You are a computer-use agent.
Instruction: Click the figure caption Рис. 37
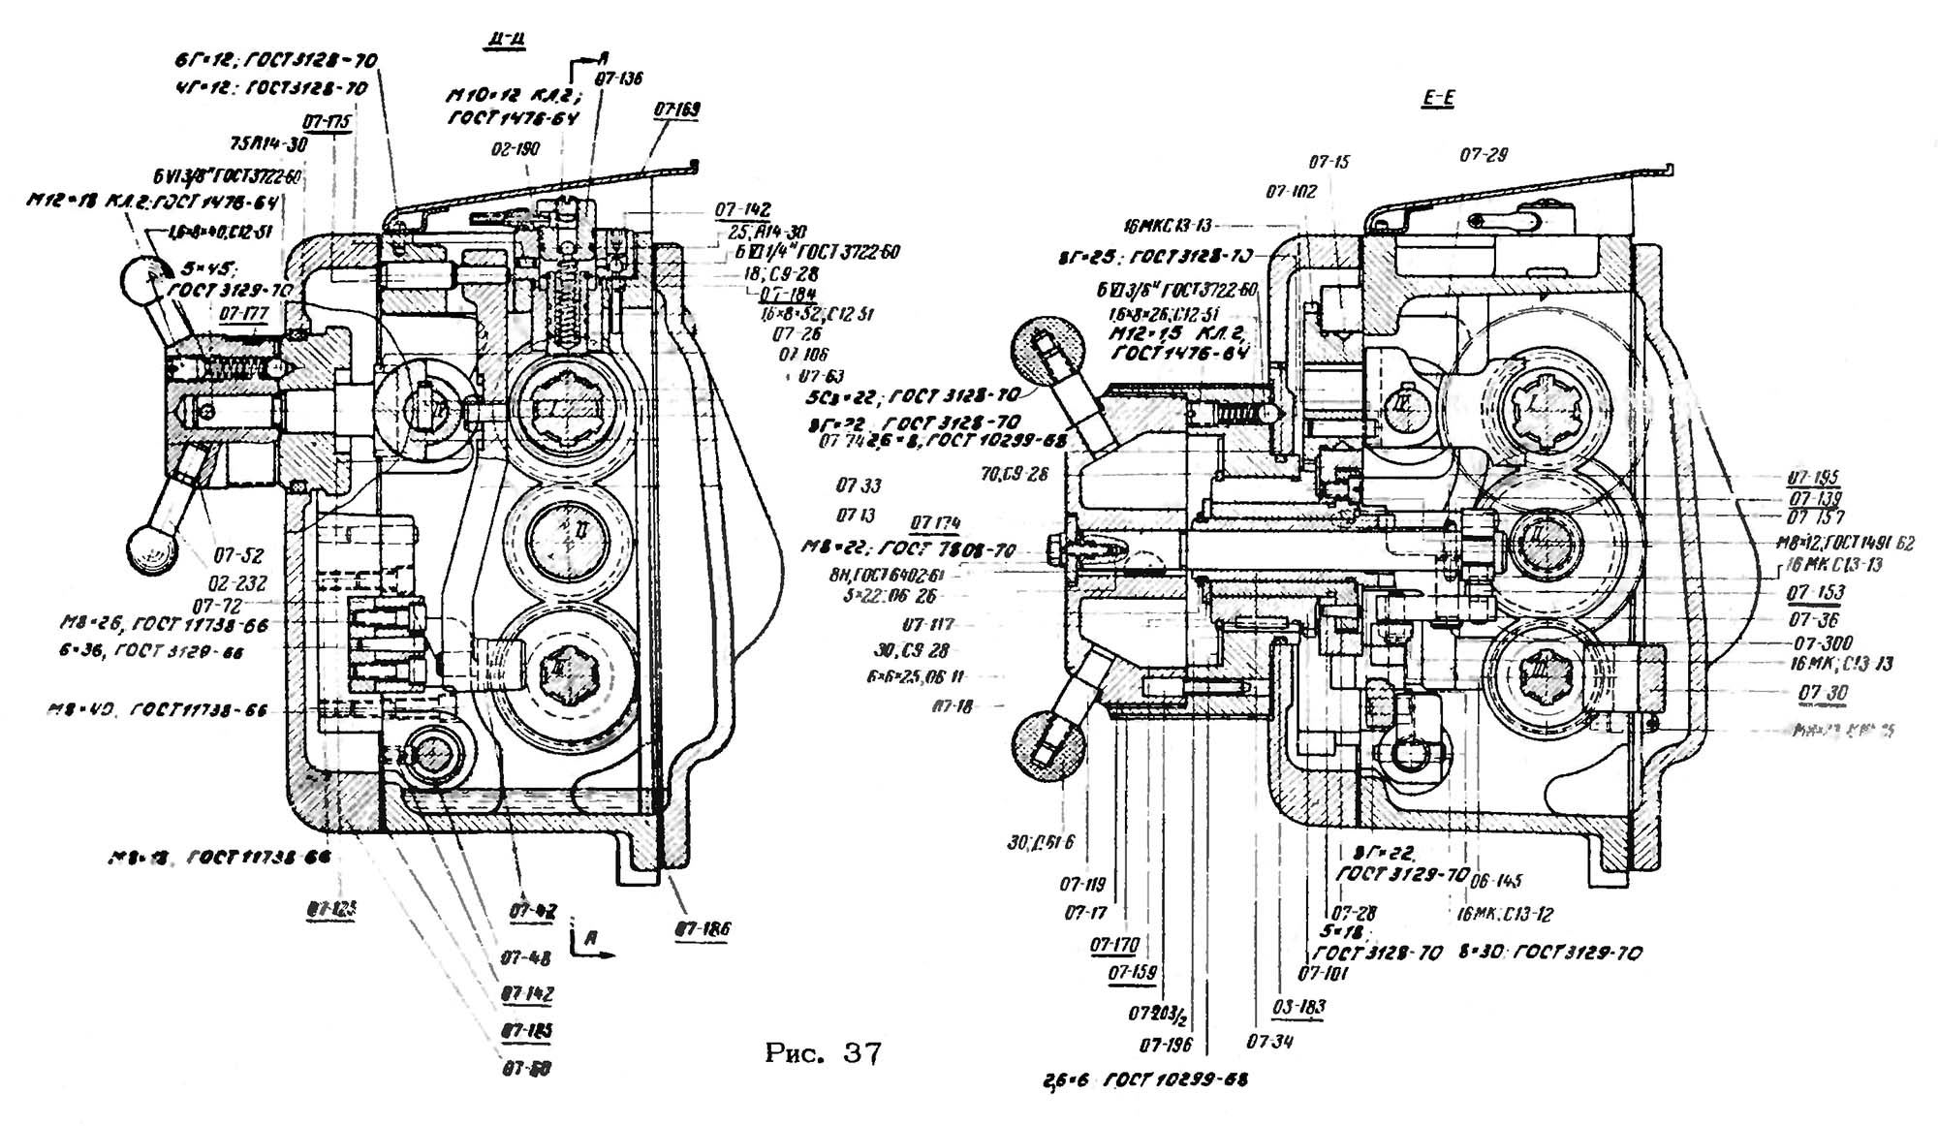[x=823, y=1053]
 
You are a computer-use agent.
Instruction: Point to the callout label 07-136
[x=618, y=78]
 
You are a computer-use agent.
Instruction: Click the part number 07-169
[x=676, y=110]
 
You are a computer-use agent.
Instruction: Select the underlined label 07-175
[x=327, y=123]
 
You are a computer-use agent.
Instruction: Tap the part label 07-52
[x=238, y=555]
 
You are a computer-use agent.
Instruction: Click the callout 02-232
[x=237, y=583]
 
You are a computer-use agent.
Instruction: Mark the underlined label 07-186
[x=703, y=929]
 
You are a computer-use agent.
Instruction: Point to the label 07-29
[x=1484, y=155]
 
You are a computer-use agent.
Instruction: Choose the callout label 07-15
[x=1328, y=162]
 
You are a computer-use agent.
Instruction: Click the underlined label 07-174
[x=935, y=523]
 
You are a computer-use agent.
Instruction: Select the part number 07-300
[x=1823, y=643]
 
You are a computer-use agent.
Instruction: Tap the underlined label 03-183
[x=1298, y=1007]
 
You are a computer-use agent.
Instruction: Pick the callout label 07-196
[x=1165, y=1045]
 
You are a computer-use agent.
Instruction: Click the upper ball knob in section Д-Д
[x=146, y=279]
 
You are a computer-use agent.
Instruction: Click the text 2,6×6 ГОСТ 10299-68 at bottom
[x=1145, y=1079]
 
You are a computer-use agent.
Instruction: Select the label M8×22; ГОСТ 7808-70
[x=909, y=549]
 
